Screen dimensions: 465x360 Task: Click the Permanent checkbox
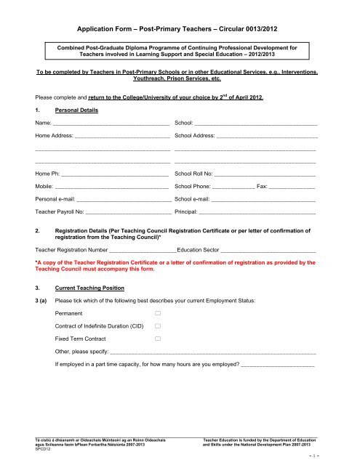pyautogui.click(x=157, y=312)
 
